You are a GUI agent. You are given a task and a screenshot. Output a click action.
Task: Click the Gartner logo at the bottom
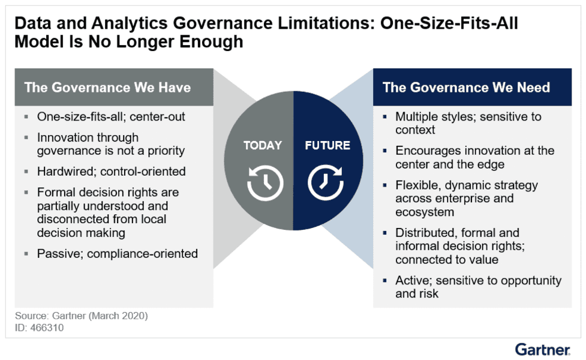coord(542,349)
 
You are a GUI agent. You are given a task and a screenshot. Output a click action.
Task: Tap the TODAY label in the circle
coord(262,146)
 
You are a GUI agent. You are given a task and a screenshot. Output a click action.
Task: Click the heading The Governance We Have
coord(107,88)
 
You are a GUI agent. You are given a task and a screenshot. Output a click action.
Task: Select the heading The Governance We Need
coord(466,88)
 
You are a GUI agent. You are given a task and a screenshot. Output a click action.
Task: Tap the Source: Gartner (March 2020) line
coord(81,316)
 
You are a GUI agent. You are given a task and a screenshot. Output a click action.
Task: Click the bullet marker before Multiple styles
coord(386,118)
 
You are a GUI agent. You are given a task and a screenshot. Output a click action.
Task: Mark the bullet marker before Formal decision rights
coord(26,193)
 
